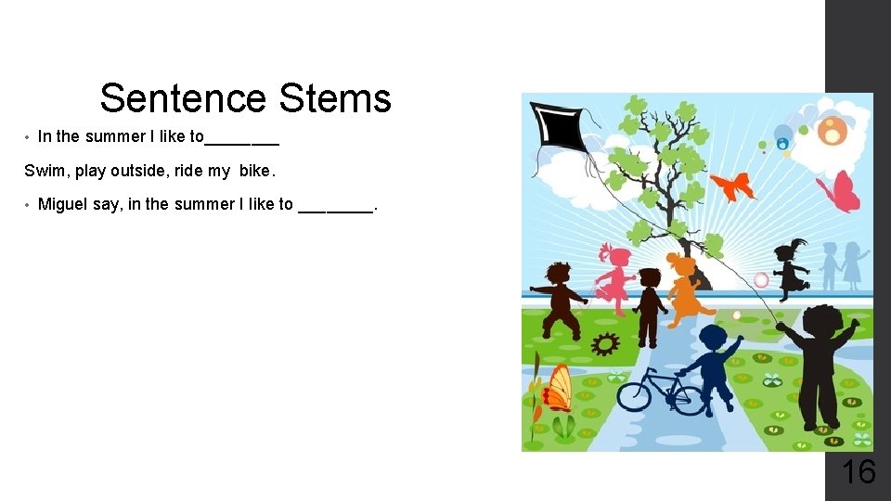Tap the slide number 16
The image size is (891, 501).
click(858, 472)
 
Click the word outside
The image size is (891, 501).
click(140, 171)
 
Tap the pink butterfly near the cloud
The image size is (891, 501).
click(839, 190)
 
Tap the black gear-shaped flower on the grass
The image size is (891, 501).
click(605, 344)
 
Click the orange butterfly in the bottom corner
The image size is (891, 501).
click(557, 388)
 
